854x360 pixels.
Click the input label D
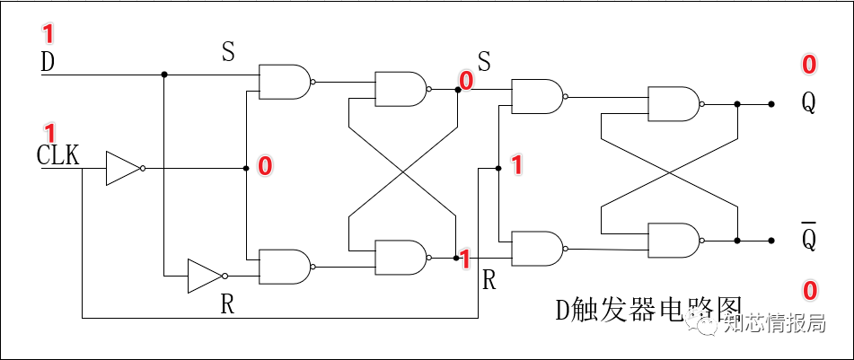[x=48, y=63]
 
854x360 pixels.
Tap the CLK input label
[x=58, y=154]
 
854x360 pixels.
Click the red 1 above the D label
[x=48, y=35]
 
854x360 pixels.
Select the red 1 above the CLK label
[x=50, y=132]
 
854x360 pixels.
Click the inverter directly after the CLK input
[x=123, y=168]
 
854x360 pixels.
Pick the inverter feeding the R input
[x=205, y=276]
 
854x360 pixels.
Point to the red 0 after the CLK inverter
[x=265, y=166]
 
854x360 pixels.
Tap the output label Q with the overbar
[x=809, y=237]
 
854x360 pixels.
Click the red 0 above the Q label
[x=809, y=64]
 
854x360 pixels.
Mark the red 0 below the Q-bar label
[x=809, y=290]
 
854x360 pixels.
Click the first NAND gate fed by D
[x=285, y=82]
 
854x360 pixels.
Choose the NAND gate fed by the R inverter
[x=285, y=267]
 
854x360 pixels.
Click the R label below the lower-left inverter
[x=228, y=304]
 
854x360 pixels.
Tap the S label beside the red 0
[x=484, y=61]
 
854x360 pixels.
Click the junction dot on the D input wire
[x=163, y=75]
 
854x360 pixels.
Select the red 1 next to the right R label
[x=464, y=259]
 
